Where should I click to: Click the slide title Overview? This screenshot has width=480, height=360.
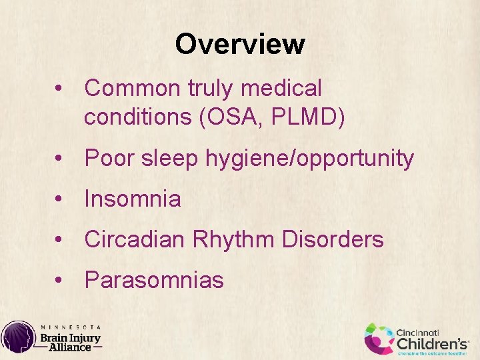(x=240, y=45)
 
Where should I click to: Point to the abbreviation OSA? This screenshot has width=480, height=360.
(x=235, y=117)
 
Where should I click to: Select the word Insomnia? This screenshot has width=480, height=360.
(x=133, y=199)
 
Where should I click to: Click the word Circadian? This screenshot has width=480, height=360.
(x=135, y=239)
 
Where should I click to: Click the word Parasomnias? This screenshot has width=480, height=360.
(x=154, y=280)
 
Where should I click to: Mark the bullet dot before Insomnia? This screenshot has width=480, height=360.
(x=60, y=199)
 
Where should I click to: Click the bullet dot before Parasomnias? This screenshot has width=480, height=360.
(x=60, y=281)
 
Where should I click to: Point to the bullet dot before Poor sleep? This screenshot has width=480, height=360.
(x=60, y=159)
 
